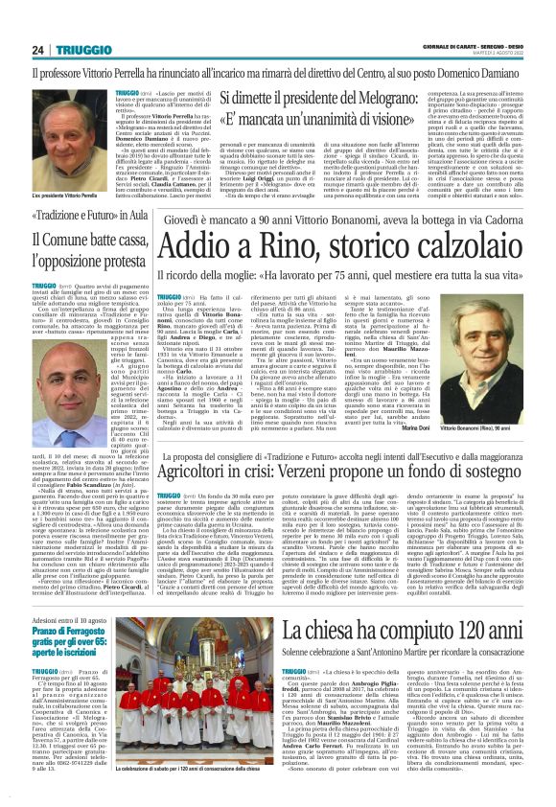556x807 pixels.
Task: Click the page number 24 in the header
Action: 12,21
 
